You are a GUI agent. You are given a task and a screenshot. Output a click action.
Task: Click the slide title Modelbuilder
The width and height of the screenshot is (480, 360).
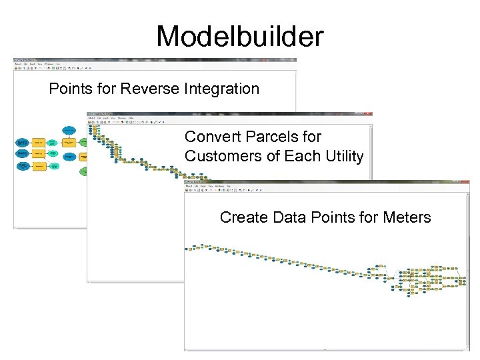coord(239,36)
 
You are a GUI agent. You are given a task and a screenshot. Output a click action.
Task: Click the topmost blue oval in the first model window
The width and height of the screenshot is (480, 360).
coord(69,129)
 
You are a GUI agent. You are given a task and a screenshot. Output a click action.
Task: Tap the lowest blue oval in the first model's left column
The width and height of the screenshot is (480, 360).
coord(22,165)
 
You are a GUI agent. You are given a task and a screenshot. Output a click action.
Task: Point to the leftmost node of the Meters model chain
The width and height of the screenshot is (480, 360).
coord(189,248)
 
